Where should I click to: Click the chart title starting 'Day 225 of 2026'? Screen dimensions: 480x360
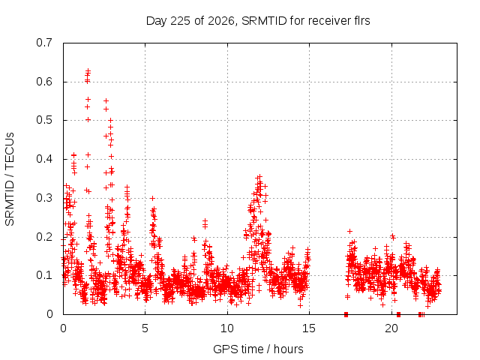click(258, 21)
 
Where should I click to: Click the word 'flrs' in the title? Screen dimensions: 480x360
click(362, 21)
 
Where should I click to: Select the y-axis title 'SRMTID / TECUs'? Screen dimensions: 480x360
click(10, 179)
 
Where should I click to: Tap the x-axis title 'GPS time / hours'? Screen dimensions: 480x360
click(258, 349)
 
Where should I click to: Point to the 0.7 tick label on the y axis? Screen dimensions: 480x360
click(44, 43)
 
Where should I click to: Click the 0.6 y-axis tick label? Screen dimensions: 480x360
click(44, 82)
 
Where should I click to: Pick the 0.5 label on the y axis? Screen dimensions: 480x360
click(44, 120)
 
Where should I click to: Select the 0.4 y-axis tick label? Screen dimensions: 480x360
click(44, 159)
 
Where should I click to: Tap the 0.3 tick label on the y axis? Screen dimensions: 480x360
click(44, 198)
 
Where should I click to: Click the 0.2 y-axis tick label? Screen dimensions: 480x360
click(44, 237)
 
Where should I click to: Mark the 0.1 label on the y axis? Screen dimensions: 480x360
click(44, 275)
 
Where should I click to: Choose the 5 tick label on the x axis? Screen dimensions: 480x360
click(145, 328)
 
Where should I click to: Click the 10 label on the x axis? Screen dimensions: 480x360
click(227, 328)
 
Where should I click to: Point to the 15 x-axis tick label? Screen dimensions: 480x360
click(309, 328)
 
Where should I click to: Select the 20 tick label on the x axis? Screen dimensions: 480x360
click(391, 328)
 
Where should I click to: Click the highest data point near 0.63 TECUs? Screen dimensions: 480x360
click(88, 70)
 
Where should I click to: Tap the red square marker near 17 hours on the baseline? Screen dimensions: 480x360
click(346, 314)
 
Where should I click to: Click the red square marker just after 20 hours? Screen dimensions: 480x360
click(398, 314)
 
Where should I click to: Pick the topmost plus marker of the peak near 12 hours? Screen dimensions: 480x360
click(259, 177)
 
